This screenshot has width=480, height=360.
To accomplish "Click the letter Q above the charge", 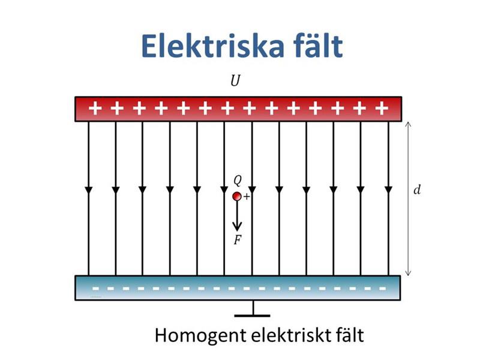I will (x=238, y=180).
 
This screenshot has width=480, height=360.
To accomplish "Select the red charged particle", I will (x=237, y=196).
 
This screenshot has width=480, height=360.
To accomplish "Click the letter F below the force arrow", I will (x=238, y=241).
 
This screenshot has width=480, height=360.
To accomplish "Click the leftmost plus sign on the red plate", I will (x=95, y=109).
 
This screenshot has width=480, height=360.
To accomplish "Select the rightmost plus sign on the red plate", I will (x=380, y=109).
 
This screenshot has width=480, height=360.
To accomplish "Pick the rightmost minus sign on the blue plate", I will (x=382, y=288).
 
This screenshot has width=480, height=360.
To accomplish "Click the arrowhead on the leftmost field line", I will (x=89, y=190).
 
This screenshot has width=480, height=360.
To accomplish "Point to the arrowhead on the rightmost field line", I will (x=388, y=190).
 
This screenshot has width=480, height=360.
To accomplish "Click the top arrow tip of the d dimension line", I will (x=409, y=123).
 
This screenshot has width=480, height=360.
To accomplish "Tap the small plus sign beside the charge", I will (x=246, y=197).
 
